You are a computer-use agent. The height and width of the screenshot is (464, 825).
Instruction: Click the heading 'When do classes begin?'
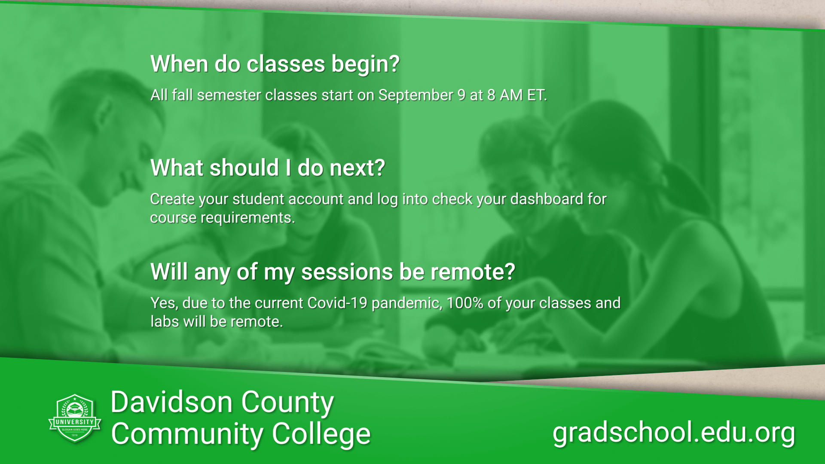tap(275, 64)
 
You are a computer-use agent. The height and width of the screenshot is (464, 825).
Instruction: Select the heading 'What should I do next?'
tap(267, 168)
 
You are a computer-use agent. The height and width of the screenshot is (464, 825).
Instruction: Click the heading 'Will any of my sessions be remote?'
tap(333, 272)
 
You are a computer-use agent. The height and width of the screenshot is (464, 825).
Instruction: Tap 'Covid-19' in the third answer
tap(337, 303)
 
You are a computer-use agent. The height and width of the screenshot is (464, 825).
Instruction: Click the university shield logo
tap(75, 418)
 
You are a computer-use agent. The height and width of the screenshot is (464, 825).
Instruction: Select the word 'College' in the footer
tap(321, 434)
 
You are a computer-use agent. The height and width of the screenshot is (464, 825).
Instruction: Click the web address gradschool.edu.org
tap(674, 433)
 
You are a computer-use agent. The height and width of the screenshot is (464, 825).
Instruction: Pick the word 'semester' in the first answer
tap(229, 95)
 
